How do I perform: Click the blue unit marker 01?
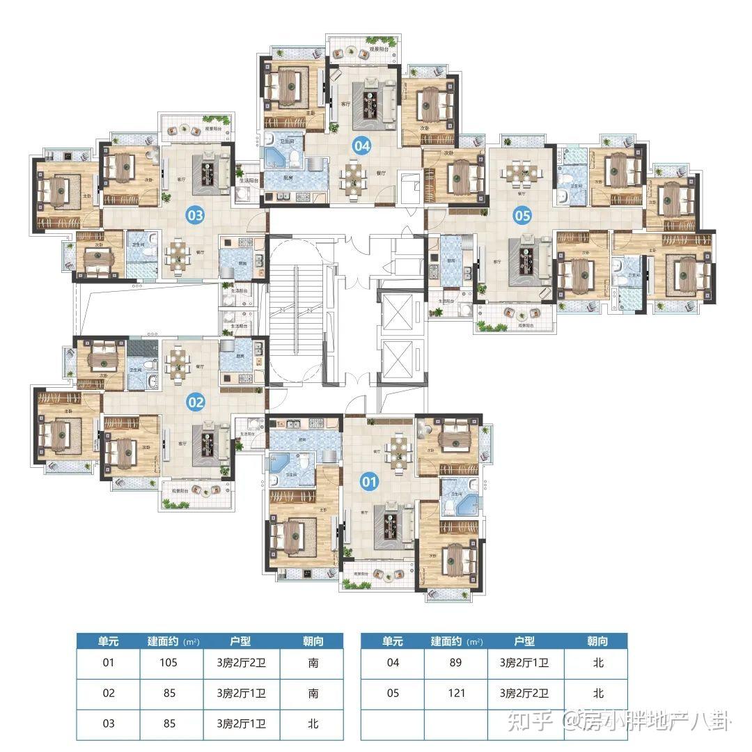tap(369, 480)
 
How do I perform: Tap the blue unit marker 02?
tap(196, 402)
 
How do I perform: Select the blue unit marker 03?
tap(195, 215)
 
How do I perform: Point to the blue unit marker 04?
tap(361, 146)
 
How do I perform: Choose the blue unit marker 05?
tap(522, 215)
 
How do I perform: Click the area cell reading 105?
tap(169, 663)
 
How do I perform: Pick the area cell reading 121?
tap(455, 694)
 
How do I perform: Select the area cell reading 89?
tap(455, 663)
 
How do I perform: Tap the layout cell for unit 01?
tap(241, 663)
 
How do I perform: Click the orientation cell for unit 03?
tap(313, 724)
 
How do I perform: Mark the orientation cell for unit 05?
tap(597, 694)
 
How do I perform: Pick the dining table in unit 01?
tap(397, 451)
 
